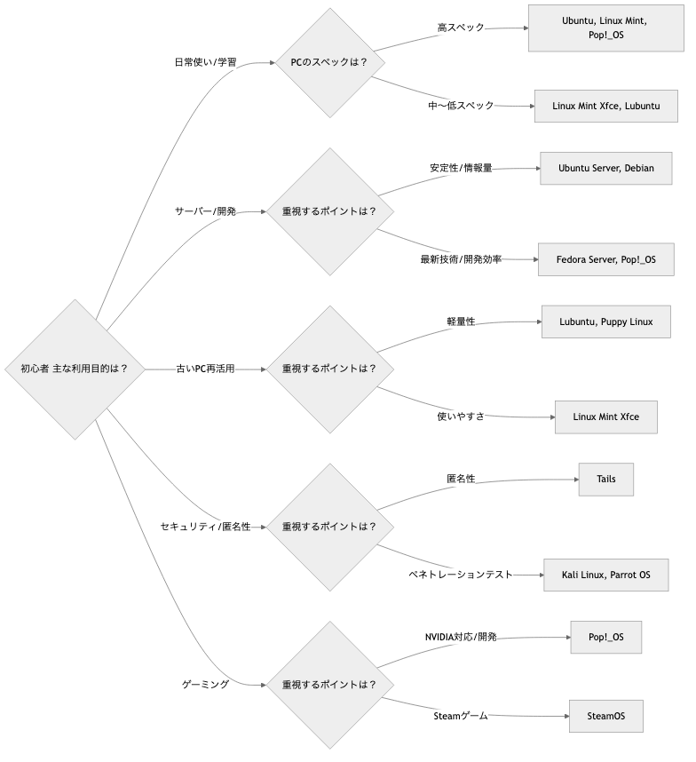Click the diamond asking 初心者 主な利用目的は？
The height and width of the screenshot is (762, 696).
point(74,369)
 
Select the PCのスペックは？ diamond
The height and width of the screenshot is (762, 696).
point(329,63)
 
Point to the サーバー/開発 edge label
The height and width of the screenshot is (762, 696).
point(206,211)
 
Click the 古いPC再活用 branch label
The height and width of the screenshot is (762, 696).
point(206,369)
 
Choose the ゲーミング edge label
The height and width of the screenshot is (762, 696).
point(206,685)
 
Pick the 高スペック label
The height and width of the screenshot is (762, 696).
point(461,28)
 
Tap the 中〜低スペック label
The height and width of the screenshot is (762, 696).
point(461,106)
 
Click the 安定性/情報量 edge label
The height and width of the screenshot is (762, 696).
point(461,167)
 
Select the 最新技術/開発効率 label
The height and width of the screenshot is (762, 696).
point(461,260)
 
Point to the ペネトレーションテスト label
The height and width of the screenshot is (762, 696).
point(461,575)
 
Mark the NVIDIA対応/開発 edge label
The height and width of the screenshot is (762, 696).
point(461,637)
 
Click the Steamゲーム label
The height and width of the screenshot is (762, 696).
point(461,715)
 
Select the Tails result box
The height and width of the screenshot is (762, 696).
point(606,480)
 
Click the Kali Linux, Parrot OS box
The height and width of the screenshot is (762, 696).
point(606,575)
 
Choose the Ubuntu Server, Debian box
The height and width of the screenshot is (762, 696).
point(606,168)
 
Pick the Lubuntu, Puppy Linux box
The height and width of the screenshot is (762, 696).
point(606,321)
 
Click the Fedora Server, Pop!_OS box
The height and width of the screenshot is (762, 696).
point(606,259)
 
